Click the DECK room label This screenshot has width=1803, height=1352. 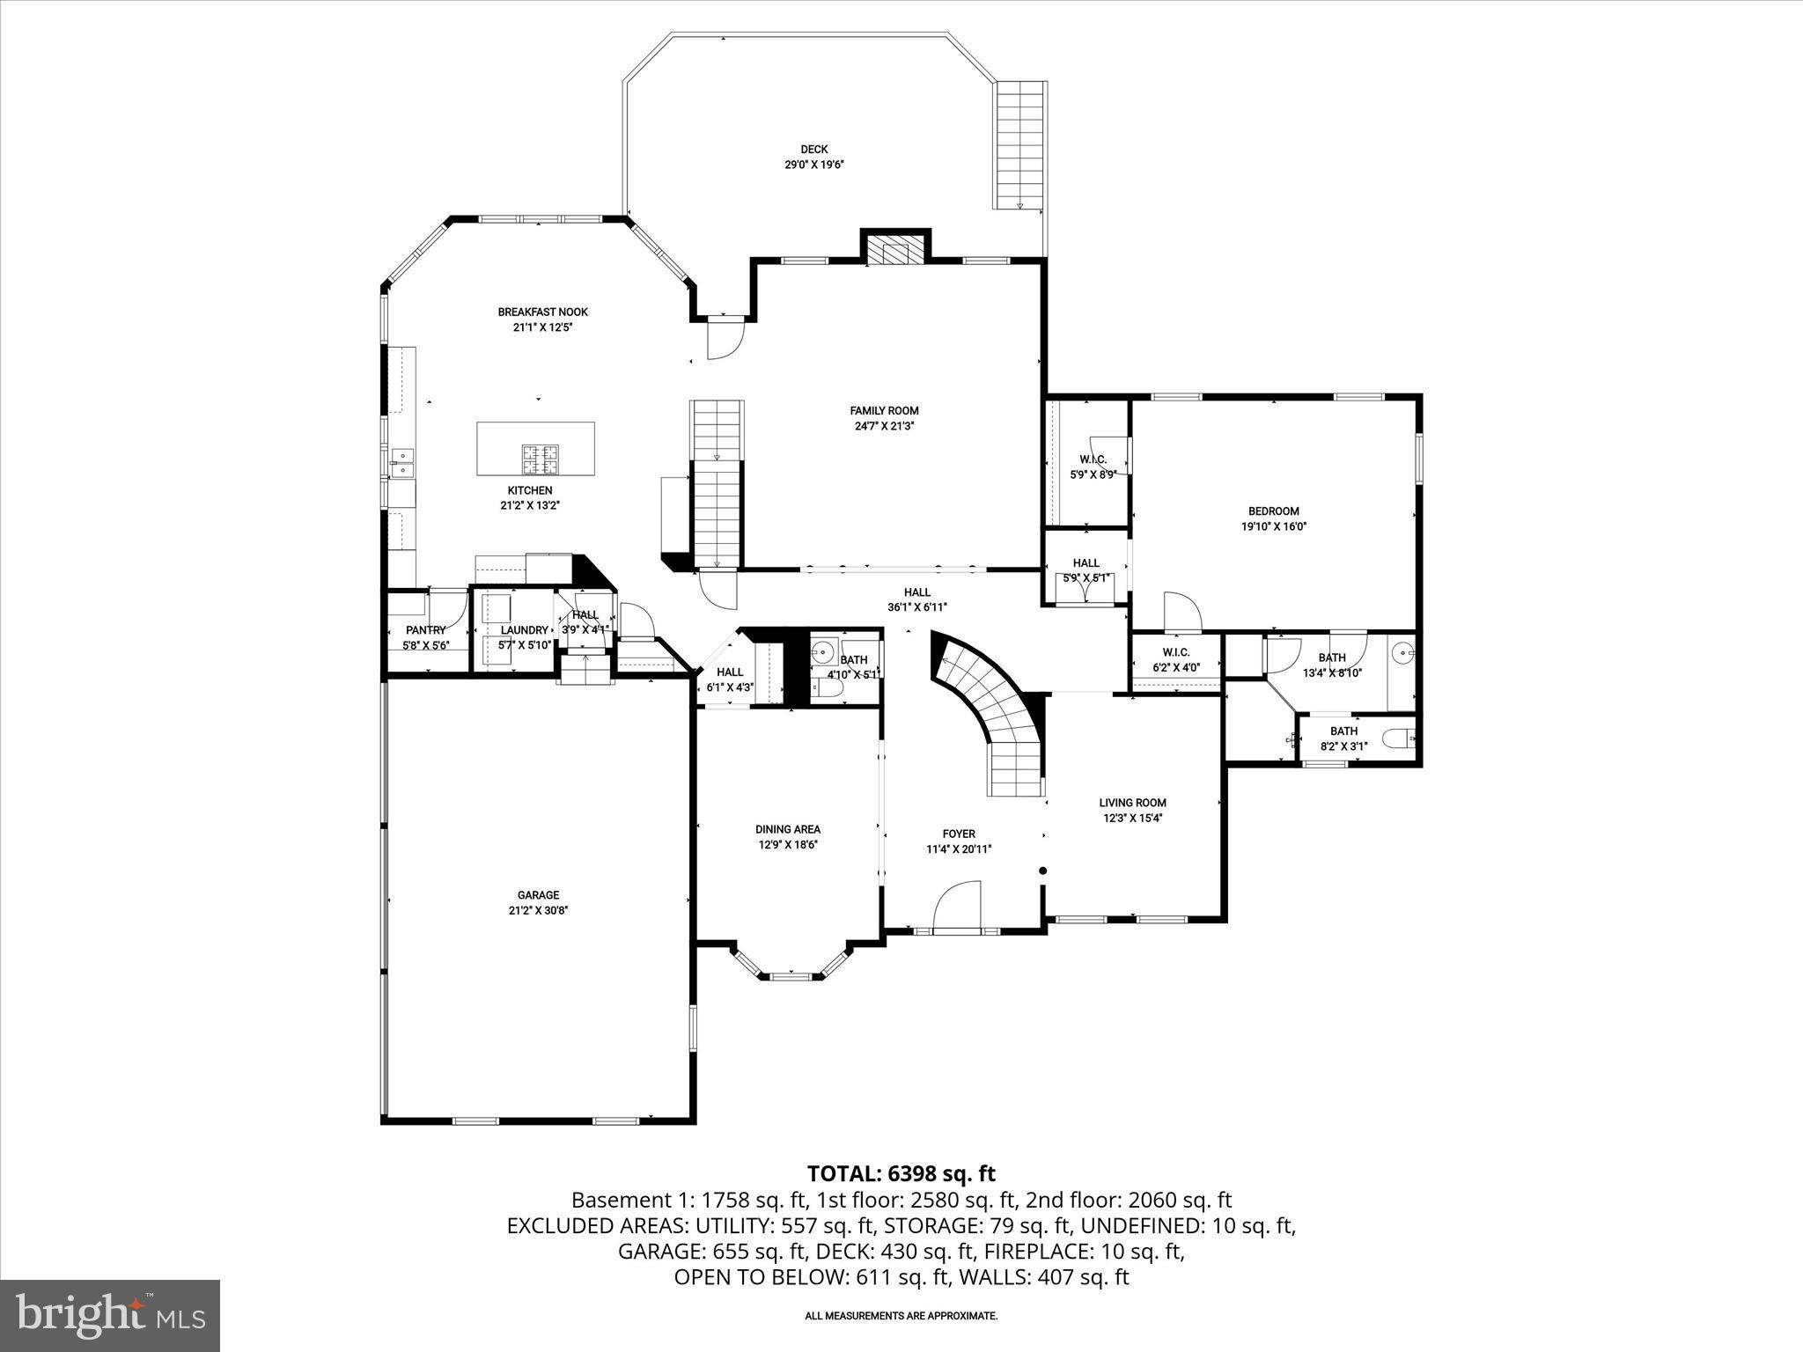coord(814,150)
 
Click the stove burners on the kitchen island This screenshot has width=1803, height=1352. coord(540,455)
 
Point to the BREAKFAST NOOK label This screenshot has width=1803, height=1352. coord(542,312)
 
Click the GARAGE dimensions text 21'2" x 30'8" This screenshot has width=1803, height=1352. coord(538,911)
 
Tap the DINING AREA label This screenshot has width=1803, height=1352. coord(788,829)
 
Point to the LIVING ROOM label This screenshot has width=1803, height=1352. coord(1132,803)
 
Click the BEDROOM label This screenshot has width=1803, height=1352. coord(1273,511)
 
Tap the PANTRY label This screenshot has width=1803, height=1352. coord(425,630)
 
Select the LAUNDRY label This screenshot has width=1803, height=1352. coord(524,630)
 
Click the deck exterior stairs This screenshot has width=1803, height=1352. coord(1020,145)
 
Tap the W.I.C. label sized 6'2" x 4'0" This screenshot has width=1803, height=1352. coord(1175,652)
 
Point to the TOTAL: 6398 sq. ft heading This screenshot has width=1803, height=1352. coord(901,1173)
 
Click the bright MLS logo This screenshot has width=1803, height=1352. coord(110,1315)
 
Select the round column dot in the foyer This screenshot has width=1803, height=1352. coord(1043,871)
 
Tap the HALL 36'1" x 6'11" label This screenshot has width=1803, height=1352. coord(916,592)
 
